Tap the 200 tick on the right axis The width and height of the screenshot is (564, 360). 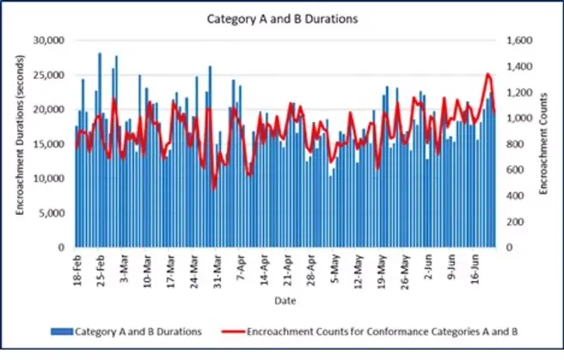(x=510, y=222)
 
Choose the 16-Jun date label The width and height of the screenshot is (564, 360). (x=475, y=268)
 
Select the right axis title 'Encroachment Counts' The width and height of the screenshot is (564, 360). (x=544, y=144)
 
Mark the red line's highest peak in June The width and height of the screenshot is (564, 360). (x=488, y=74)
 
